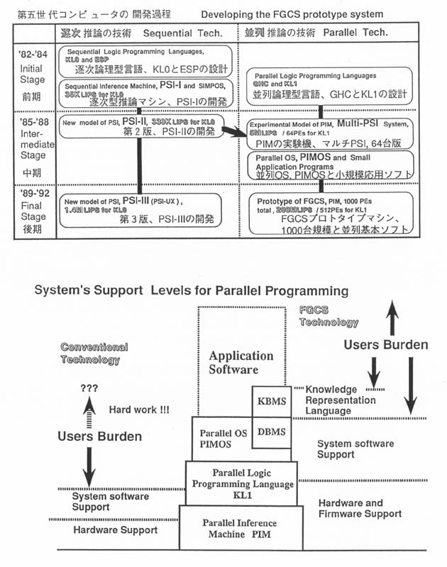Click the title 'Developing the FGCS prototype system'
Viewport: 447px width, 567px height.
click(292, 14)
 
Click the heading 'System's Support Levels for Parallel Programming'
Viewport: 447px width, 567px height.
click(192, 291)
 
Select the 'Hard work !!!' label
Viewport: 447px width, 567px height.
click(139, 409)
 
